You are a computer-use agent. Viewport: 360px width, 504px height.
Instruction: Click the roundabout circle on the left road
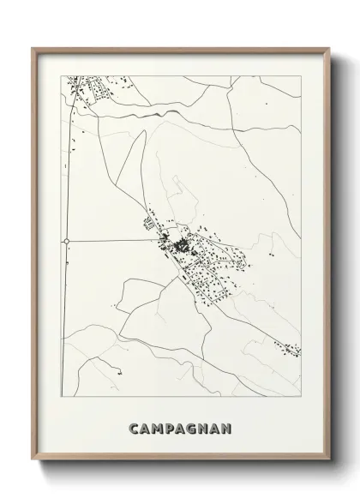click(x=66, y=242)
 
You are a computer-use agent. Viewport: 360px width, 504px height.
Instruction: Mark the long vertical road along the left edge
click(x=66, y=171)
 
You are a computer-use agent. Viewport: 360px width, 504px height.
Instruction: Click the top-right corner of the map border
click(x=301, y=75)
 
